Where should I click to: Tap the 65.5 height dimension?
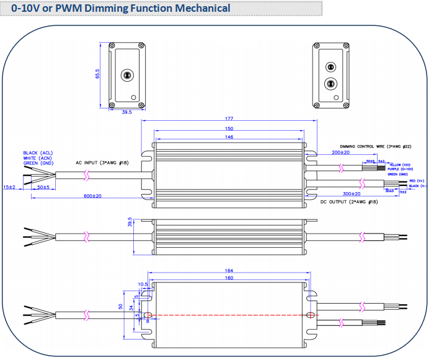(97, 74)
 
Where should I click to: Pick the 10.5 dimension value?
(142, 284)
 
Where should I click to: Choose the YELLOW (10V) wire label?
(401, 165)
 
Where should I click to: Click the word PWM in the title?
(65, 9)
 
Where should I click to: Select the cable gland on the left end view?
(126, 73)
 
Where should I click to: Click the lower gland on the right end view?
(330, 82)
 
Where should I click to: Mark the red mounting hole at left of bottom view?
(148, 316)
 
